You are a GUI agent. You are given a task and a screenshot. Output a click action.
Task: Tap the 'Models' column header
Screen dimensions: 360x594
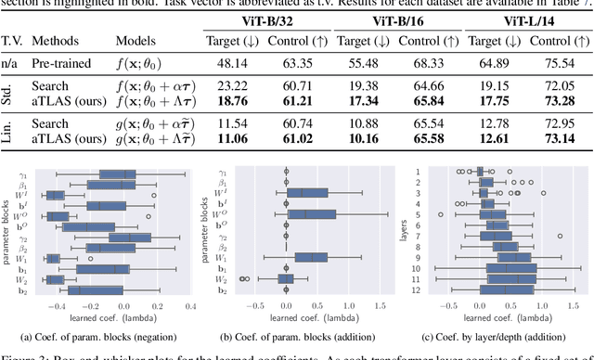(x=136, y=42)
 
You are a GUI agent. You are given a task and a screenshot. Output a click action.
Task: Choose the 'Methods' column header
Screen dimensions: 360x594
(x=55, y=42)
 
